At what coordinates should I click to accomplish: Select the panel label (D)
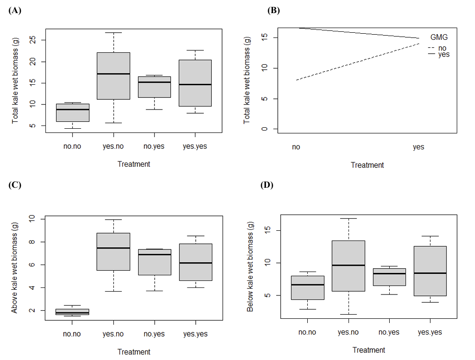point(267,185)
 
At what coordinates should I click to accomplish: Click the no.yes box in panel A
point(154,87)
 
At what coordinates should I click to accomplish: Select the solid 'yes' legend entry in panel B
point(438,54)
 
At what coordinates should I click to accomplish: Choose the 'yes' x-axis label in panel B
point(418,147)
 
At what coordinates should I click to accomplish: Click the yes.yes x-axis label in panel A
point(195,146)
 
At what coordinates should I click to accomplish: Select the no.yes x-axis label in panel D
point(389,332)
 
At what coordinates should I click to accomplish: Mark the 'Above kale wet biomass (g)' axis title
point(15,265)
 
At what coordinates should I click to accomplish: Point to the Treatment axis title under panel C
point(134,352)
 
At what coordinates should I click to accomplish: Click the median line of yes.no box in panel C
point(113,248)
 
